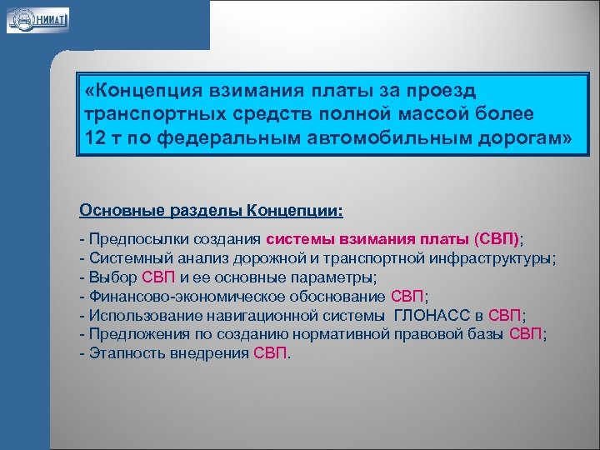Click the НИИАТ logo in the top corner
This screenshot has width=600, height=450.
pyautogui.click(x=37, y=18)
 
